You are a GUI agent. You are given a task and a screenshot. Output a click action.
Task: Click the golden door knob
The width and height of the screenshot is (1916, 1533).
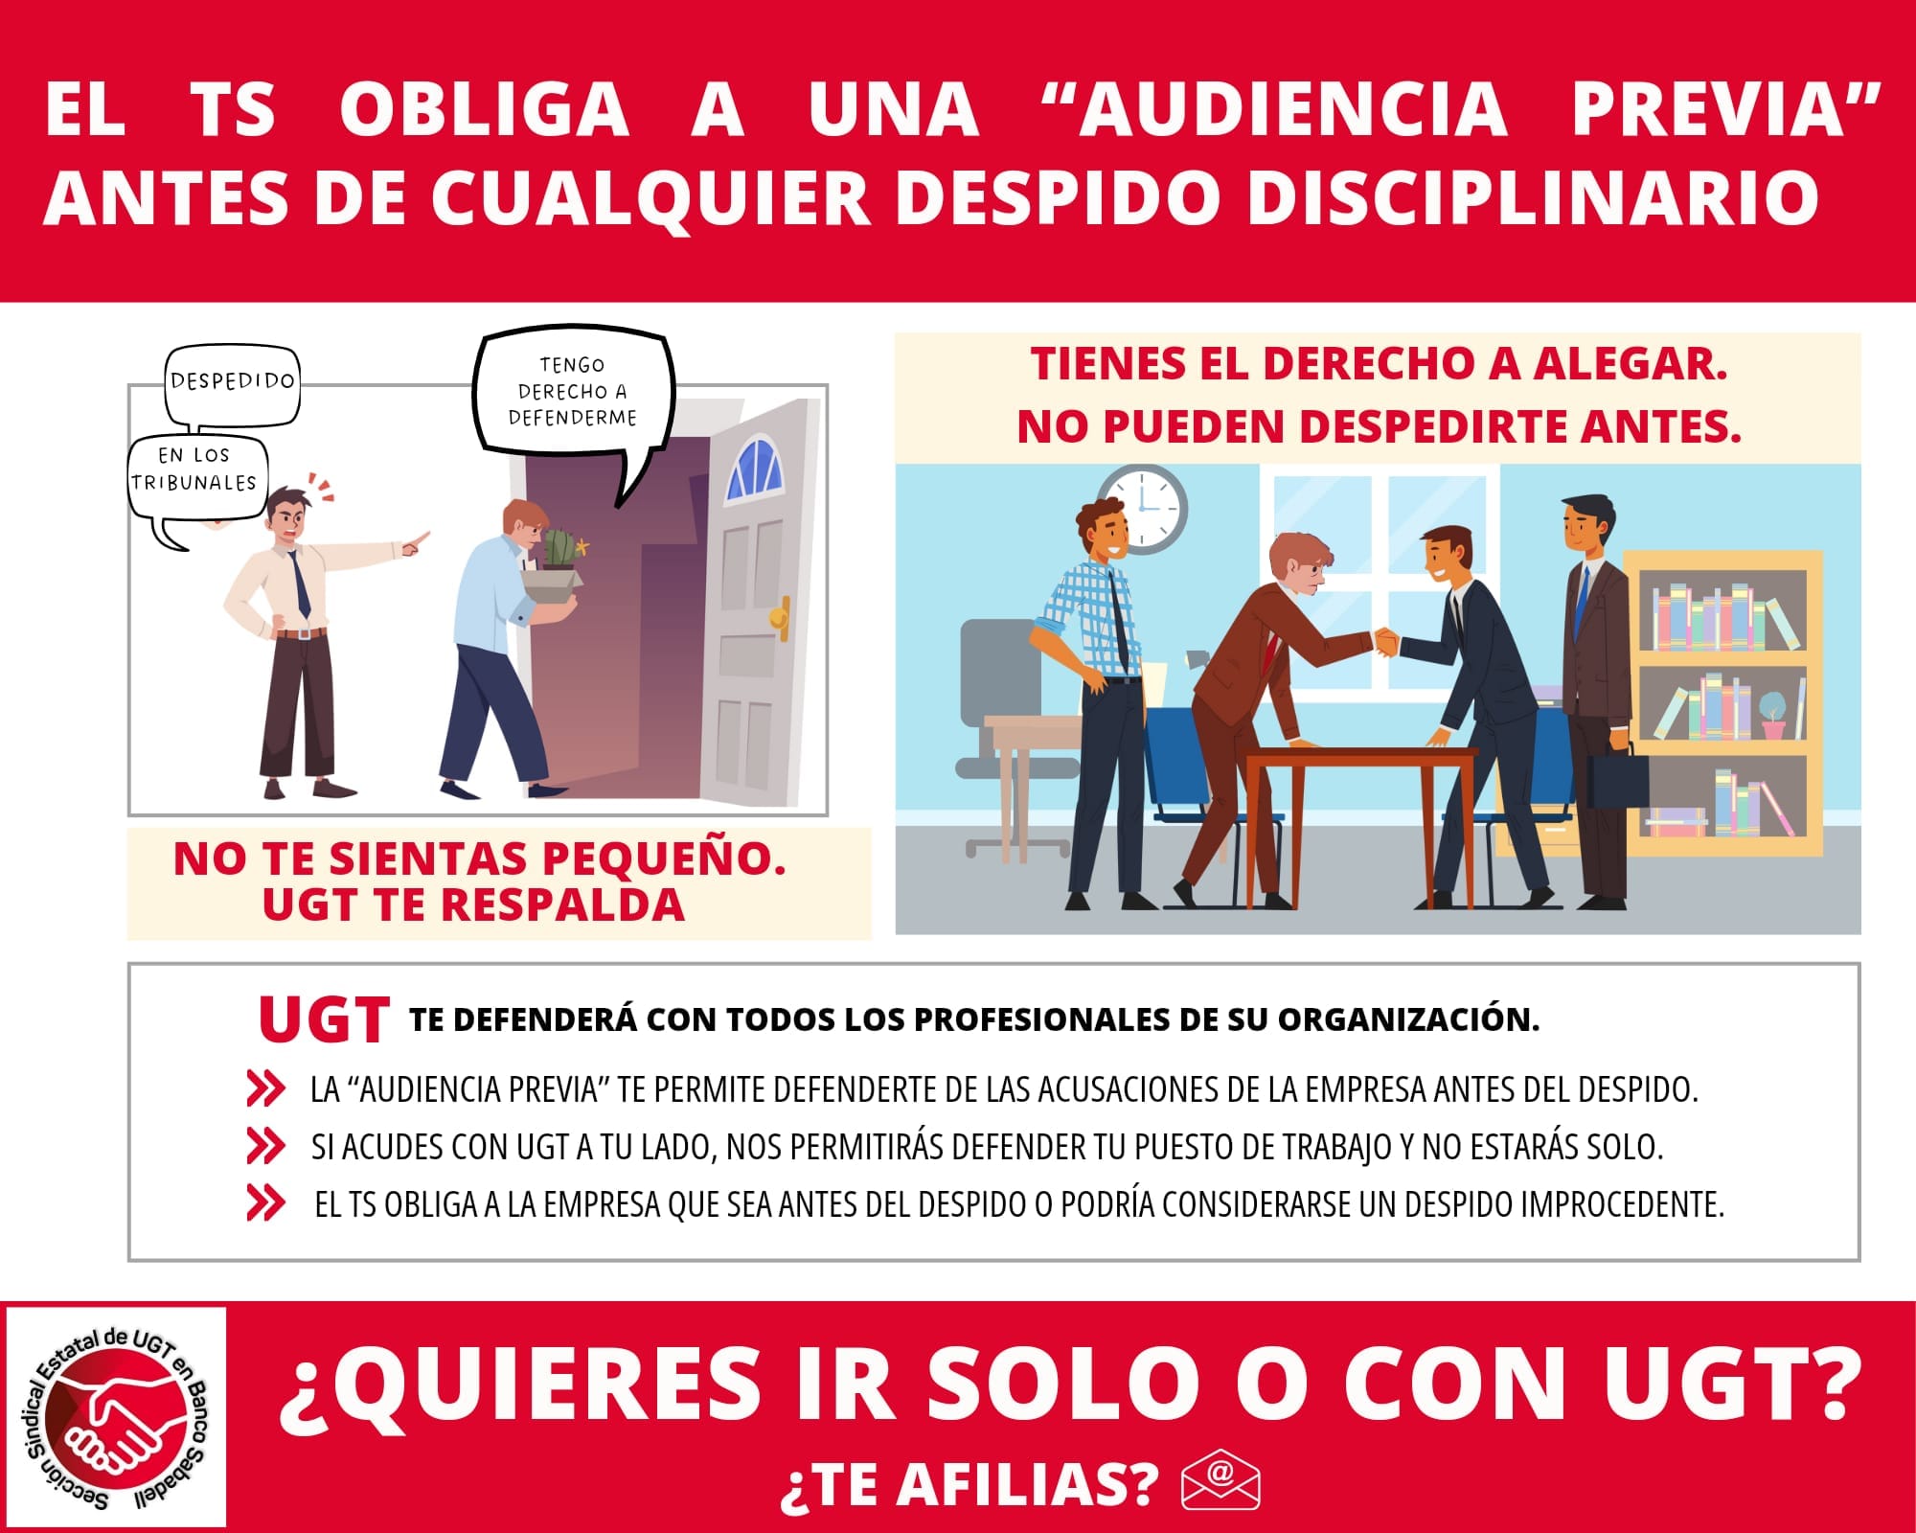coord(781,618)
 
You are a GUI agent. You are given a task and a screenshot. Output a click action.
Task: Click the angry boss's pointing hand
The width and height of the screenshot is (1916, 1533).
coord(414,543)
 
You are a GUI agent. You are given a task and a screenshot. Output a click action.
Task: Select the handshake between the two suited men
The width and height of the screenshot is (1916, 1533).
coord(1386,643)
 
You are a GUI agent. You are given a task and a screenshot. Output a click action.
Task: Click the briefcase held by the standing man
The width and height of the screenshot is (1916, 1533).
coord(1617,777)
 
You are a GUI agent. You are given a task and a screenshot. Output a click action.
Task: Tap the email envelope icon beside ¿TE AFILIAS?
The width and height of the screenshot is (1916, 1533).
coord(1220,1481)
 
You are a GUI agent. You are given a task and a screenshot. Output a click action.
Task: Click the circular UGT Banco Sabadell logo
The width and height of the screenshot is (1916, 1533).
coord(116,1417)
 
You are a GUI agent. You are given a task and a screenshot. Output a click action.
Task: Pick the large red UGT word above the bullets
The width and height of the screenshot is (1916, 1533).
coord(324,1018)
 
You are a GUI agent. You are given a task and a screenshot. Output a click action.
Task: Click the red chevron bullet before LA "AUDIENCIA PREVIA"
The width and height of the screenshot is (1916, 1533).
coord(265,1088)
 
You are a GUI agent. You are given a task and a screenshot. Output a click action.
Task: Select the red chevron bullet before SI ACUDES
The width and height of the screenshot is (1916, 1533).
coord(265,1146)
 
